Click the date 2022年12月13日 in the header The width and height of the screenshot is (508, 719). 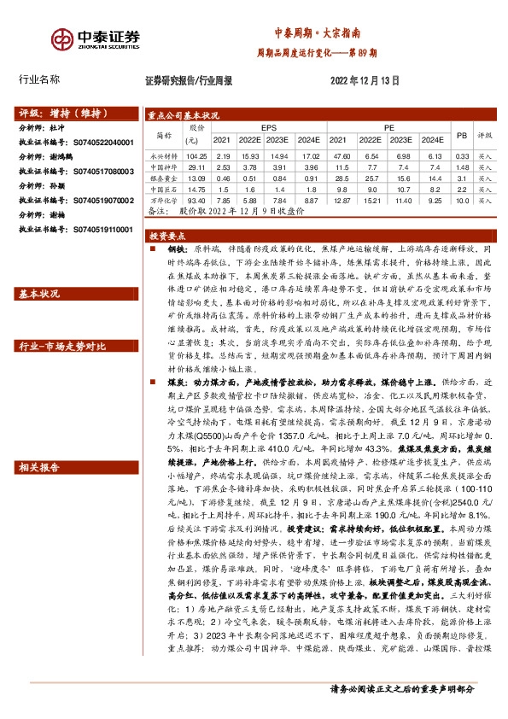(x=365, y=80)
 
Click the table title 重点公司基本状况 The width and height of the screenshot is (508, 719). (x=184, y=114)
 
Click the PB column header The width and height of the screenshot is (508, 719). (x=462, y=135)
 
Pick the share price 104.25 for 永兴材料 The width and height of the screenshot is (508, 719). (x=196, y=156)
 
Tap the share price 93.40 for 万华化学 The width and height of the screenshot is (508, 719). (x=196, y=199)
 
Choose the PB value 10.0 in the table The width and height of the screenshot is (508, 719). (x=462, y=199)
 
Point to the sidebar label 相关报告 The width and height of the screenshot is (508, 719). (x=39, y=466)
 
